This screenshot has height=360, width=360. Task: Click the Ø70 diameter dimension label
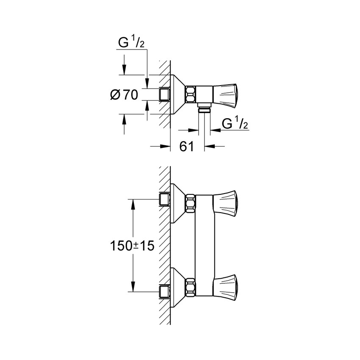(124, 95)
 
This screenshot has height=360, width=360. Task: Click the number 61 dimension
(186, 147)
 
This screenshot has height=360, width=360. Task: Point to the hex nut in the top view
(191, 93)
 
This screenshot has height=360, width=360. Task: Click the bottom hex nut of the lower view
(191, 285)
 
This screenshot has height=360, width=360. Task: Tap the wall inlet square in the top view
(164, 94)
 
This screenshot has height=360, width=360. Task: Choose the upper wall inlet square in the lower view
(164, 199)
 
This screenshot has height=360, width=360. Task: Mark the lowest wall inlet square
(164, 291)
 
